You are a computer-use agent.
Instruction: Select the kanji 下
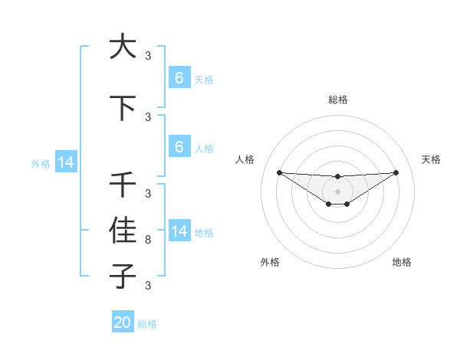[x=123, y=108]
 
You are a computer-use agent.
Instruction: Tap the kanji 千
[x=123, y=185]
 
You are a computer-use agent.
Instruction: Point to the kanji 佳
[x=123, y=229]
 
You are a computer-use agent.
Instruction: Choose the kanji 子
[x=123, y=275]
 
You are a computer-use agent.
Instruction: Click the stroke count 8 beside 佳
[x=148, y=240]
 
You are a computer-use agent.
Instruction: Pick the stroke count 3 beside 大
[x=148, y=55]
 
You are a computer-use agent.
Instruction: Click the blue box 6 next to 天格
[x=179, y=78]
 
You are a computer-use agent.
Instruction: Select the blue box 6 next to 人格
[x=179, y=147]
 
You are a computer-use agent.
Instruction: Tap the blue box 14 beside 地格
[x=179, y=231]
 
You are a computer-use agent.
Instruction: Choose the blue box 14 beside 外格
[x=65, y=162]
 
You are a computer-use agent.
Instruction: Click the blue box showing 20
[x=122, y=322]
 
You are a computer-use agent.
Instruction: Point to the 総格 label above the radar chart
[x=337, y=100]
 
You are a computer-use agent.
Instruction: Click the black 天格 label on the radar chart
[x=431, y=159]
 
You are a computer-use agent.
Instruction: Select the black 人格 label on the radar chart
[x=245, y=159]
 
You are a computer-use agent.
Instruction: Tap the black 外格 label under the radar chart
[x=270, y=262]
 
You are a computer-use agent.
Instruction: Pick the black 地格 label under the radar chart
[x=402, y=262]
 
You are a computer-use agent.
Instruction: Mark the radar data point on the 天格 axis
[x=396, y=172]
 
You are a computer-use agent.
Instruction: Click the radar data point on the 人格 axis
[x=279, y=172]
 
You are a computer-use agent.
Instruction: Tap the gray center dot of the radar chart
[x=337, y=191]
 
